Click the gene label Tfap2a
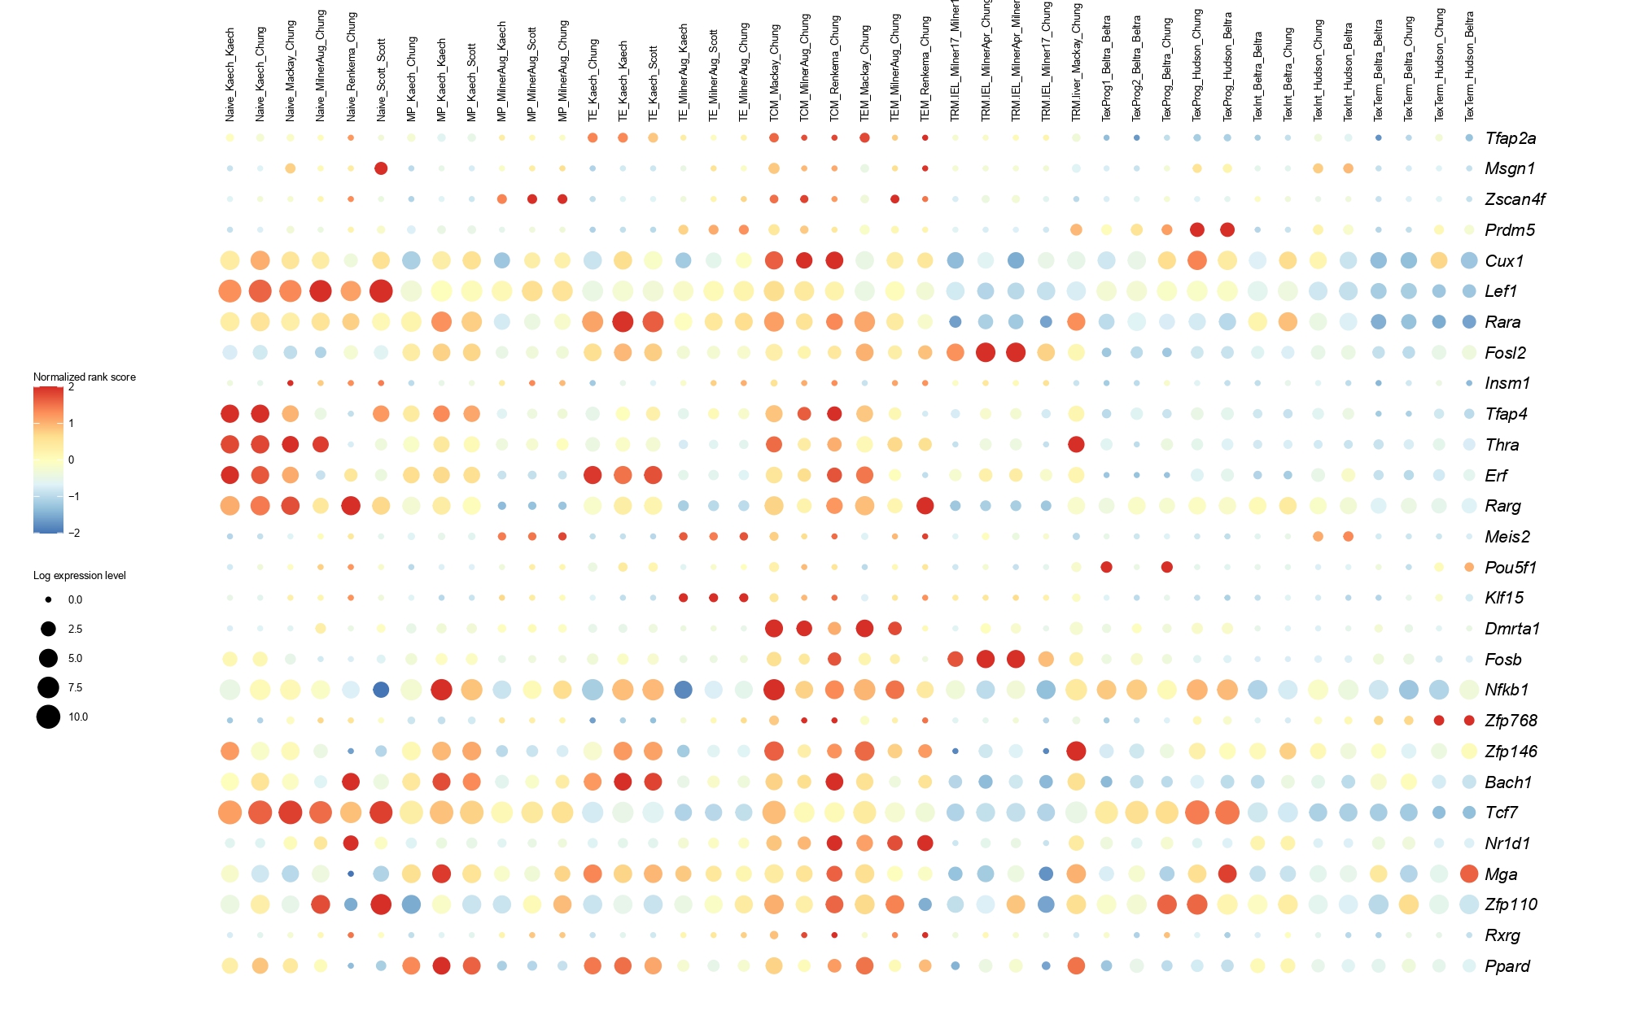pyautogui.click(x=1510, y=138)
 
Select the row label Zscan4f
pyautogui.click(x=1515, y=199)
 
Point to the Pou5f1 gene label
pyautogui.click(x=1510, y=568)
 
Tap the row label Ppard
pyautogui.click(x=1507, y=966)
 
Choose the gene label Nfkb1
pyautogui.click(x=1507, y=690)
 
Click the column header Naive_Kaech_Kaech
pyautogui.click(x=230, y=76)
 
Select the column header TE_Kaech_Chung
pyautogui.click(x=593, y=81)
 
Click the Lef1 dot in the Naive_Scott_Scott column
pyautogui.click(x=381, y=290)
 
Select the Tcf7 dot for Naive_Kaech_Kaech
pyautogui.click(x=230, y=812)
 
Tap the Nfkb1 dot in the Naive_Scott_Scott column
pyautogui.click(x=381, y=690)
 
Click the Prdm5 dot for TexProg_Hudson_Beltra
pyautogui.click(x=1227, y=230)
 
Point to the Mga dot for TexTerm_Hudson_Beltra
pyautogui.click(x=1469, y=874)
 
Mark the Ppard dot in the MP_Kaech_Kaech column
pyautogui.click(x=442, y=965)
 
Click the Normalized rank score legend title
pyautogui.click(x=85, y=377)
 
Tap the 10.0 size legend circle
pyautogui.click(x=48, y=717)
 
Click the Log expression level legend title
pyautogui.click(x=80, y=576)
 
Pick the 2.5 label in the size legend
pyautogui.click(x=76, y=629)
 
